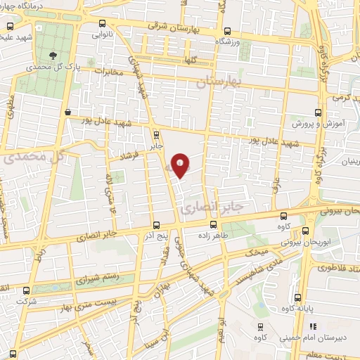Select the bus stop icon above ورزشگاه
click(226, 31)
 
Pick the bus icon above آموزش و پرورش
click(318, 112)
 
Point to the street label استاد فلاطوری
click(335, 268)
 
